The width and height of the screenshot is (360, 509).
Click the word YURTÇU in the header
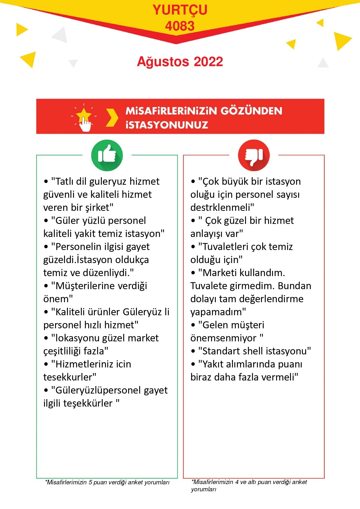tap(180, 10)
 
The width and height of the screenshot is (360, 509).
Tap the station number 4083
tap(180, 26)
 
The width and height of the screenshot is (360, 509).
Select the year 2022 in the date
tap(208, 62)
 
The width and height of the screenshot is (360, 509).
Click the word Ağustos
tap(163, 62)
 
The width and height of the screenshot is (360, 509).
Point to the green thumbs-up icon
tap(107, 155)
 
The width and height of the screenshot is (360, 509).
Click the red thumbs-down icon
tap(254, 155)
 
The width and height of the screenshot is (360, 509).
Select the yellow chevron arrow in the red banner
tap(112, 118)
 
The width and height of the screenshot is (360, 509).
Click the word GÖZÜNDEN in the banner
tap(251, 111)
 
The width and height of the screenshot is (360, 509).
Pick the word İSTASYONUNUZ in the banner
tap(167, 125)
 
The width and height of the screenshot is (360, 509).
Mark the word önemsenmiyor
tap(223, 338)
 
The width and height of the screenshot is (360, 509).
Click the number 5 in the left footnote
tap(91, 482)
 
